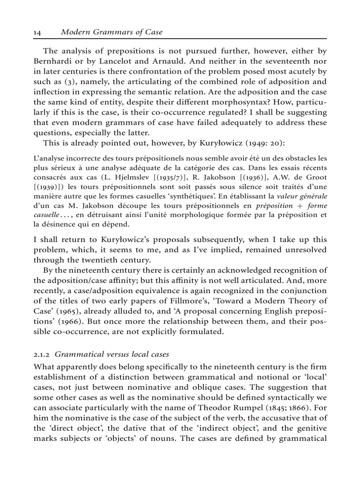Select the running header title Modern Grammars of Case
pos(112,32)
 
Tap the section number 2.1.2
pos(42,354)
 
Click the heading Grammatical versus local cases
pos(112,354)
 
